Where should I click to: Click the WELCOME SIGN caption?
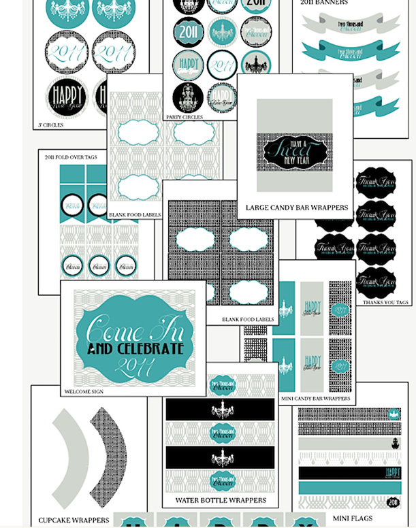click(86, 392)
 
